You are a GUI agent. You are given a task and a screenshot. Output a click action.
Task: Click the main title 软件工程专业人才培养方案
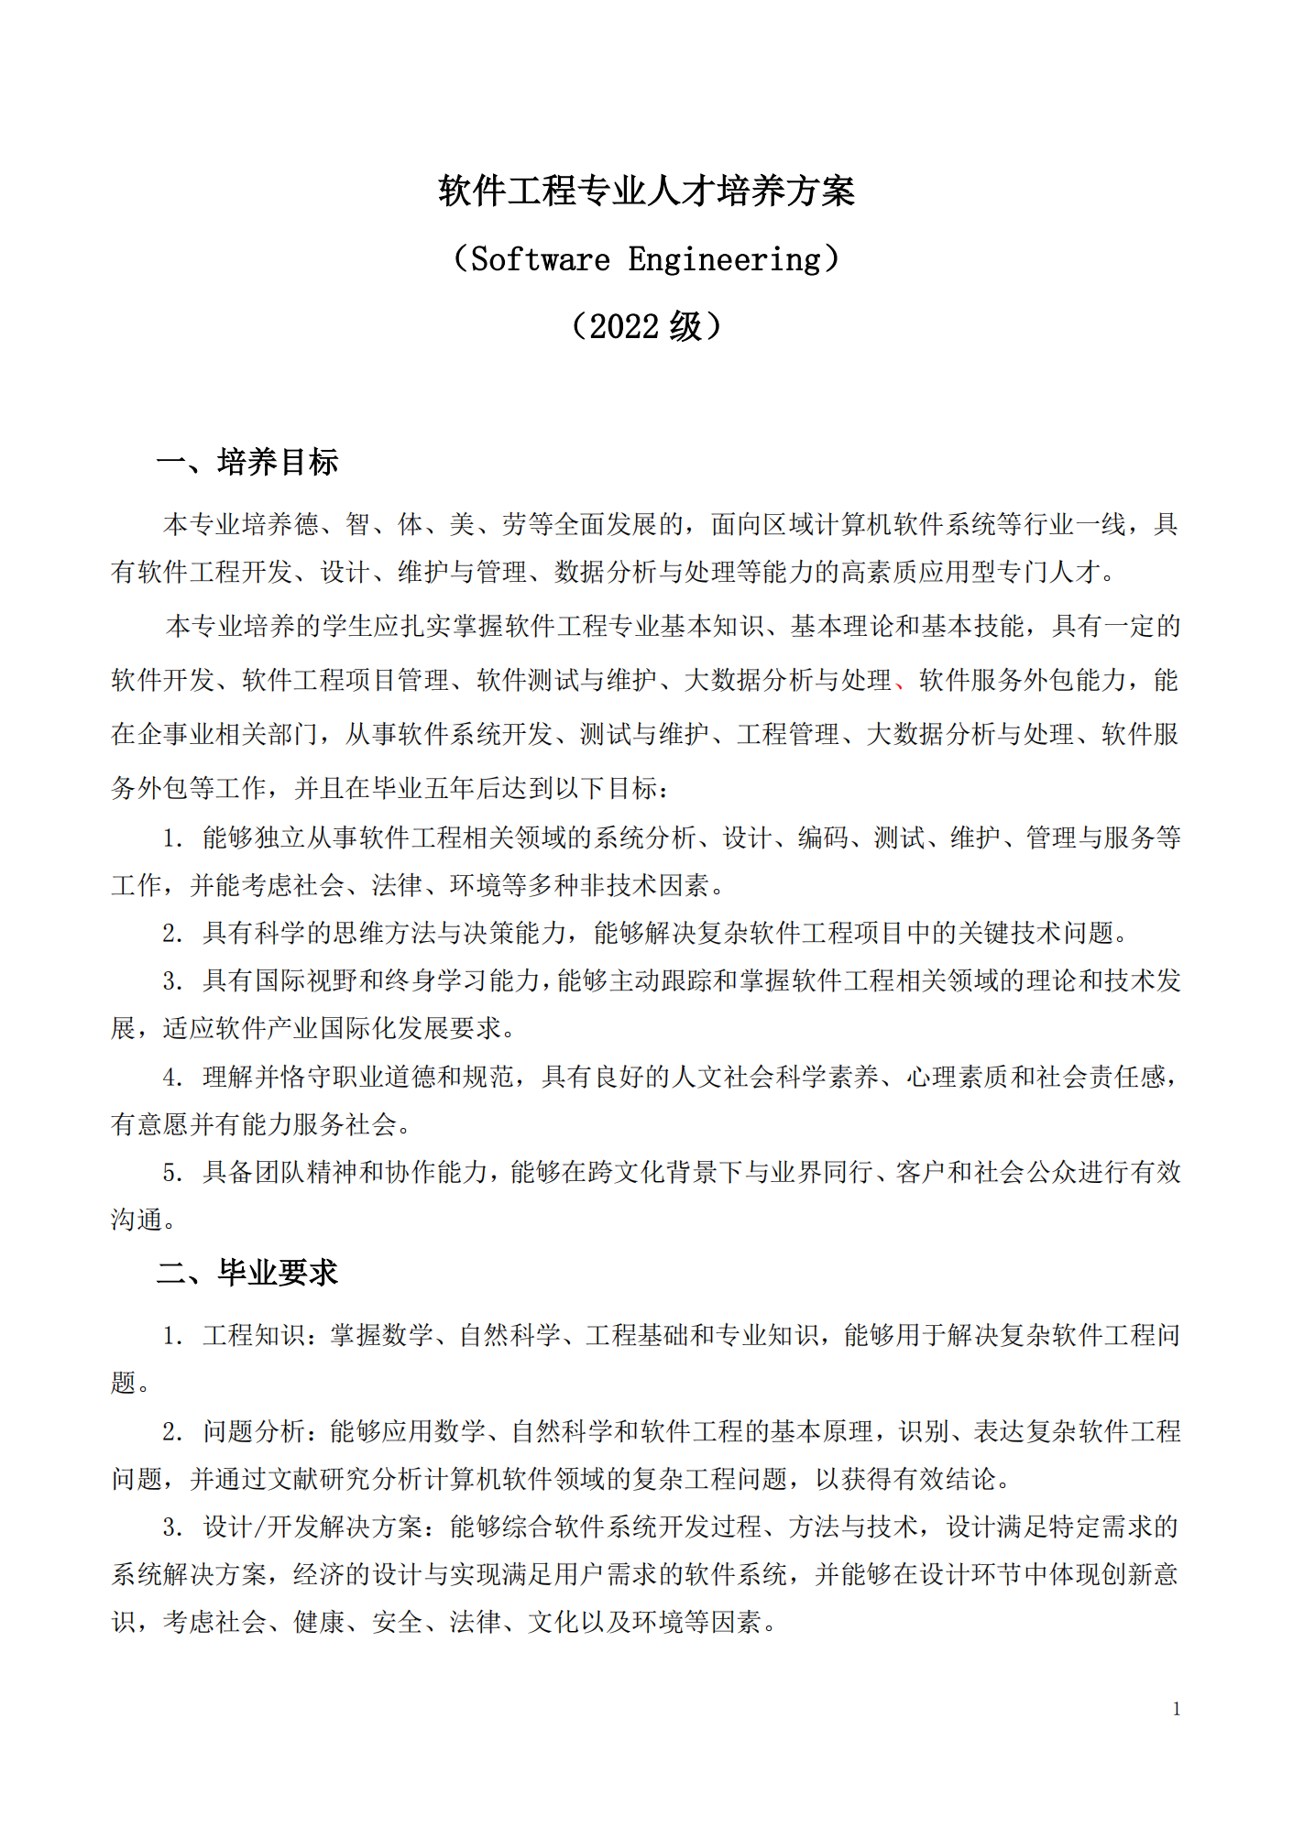coord(646,191)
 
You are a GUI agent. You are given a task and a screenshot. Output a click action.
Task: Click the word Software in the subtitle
coord(540,259)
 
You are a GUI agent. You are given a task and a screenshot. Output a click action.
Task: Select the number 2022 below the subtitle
coord(624,326)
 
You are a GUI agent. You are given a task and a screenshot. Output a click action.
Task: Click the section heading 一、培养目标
coord(247,462)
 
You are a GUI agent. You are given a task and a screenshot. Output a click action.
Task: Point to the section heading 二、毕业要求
coord(247,1272)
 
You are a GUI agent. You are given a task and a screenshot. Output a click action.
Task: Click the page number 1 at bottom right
coord(1176,1709)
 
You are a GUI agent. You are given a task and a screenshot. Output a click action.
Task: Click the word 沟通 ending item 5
coord(137,1220)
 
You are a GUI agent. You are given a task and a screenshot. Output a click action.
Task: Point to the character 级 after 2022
coord(685,326)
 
